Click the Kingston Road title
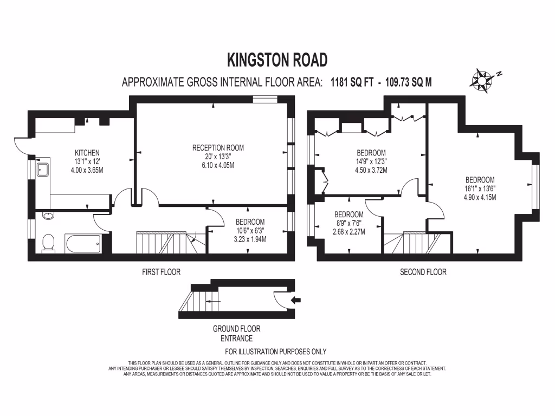tap(277, 58)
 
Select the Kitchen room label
tap(87, 153)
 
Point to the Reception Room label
tap(218, 147)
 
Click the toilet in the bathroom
tap(48, 243)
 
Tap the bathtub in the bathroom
tap(83, 244)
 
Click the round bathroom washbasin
tap(48, 216)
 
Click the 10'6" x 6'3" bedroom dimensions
tap(250, 230)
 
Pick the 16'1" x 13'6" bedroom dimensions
tap(480, 188)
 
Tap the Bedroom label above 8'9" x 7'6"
tap(349, 214)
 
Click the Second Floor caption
tap(423, 272)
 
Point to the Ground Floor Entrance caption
tap(236, 333)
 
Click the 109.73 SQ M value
tap(408, 82)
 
